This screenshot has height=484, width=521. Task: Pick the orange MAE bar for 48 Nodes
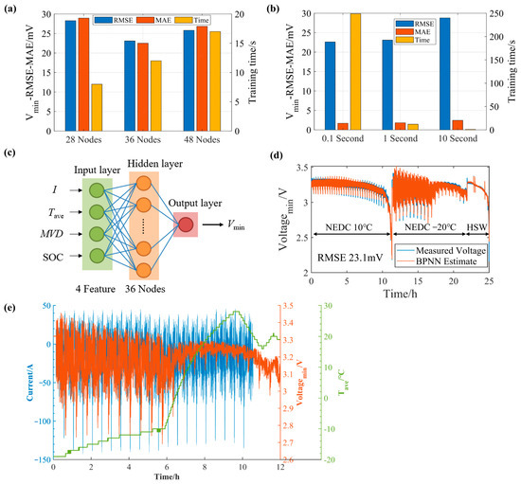coord(202,80)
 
